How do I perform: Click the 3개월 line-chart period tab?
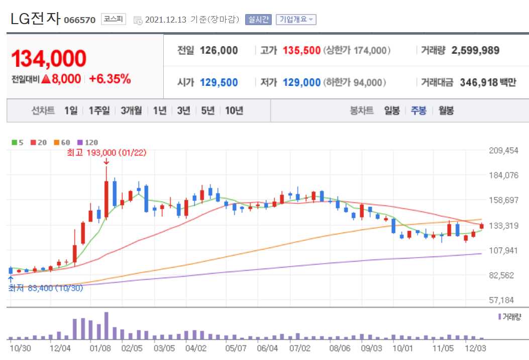tap(131, 111)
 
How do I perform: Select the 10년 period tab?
tap(234, 111)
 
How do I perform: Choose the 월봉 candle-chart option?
tap(446, 111)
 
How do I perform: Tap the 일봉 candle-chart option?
tap(392, 111)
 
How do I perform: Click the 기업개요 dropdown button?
tap(296, 20)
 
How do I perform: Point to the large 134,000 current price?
tap(49, 59)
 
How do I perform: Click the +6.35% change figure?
tap(110, 79)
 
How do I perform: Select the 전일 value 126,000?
tap(219, 51)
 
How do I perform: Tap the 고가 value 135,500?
tap(301, 51)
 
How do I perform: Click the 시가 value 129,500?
tap(219, 83)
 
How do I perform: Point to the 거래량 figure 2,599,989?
tap(475, 51)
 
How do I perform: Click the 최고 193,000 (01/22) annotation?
tap(107, 153)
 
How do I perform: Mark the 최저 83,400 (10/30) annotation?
tap(45, 288)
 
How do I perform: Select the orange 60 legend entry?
tap(62, 143)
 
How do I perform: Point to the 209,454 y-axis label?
tap(503, 151)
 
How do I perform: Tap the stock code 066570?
tap(80, 21)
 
